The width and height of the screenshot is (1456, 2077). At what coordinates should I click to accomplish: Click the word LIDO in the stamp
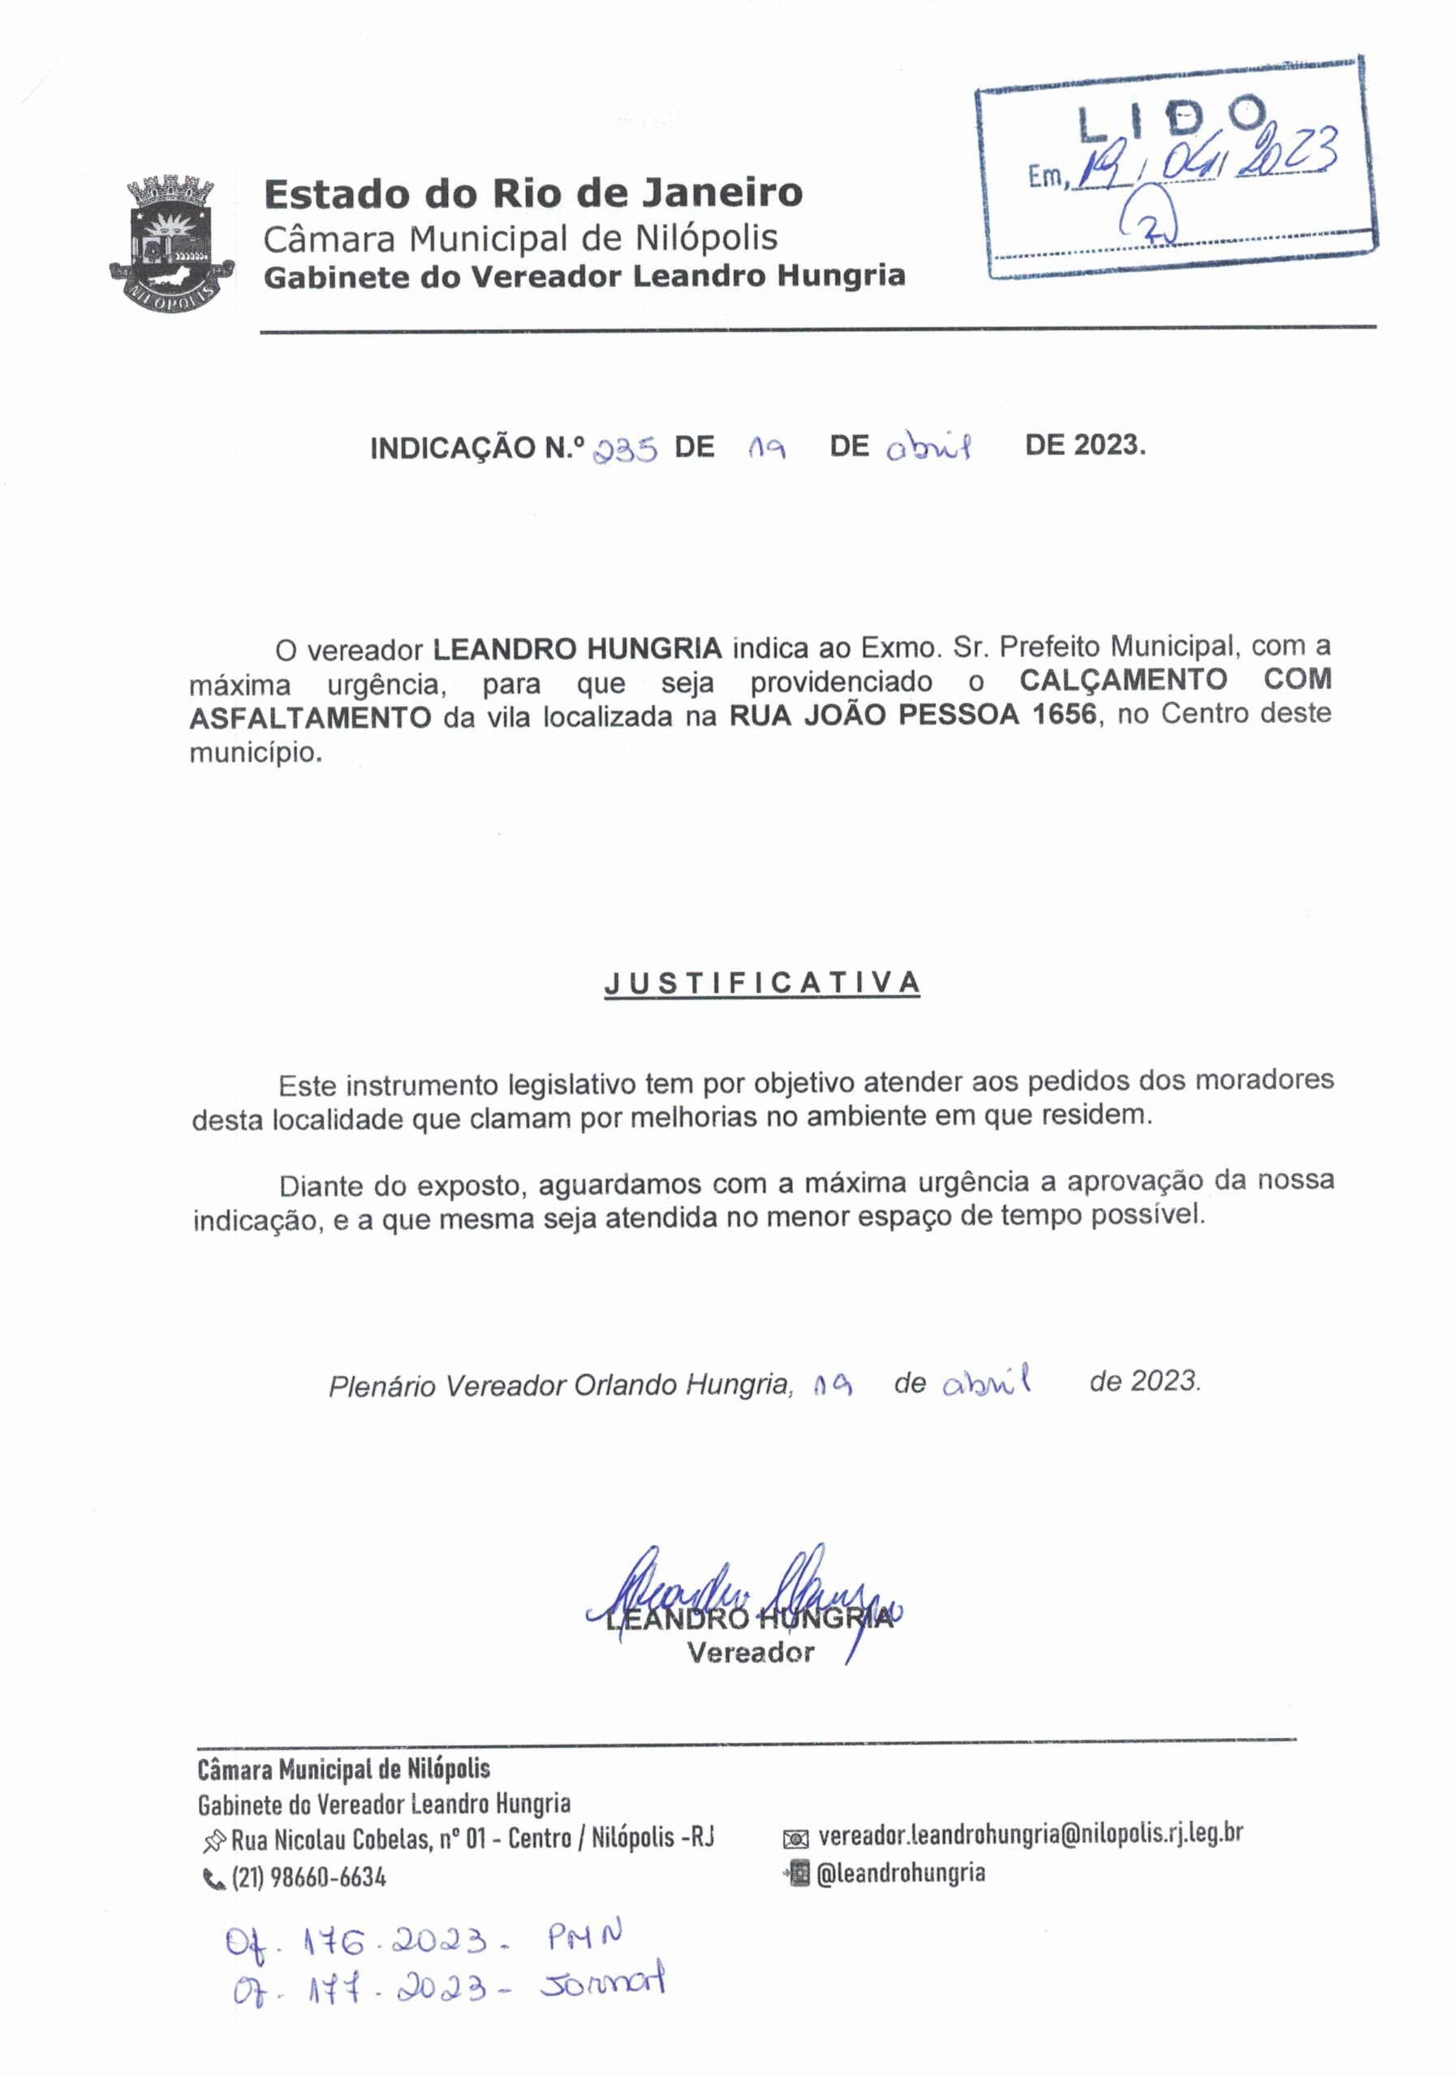pos(1172,118)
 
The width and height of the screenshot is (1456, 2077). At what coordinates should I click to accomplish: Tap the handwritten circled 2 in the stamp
pos(1148,222)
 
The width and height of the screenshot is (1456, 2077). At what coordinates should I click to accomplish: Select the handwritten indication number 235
pos(623,449)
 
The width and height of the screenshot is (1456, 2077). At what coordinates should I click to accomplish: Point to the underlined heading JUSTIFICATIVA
pos(762,983)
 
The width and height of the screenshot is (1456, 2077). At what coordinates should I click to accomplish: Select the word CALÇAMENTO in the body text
pos(1123,678)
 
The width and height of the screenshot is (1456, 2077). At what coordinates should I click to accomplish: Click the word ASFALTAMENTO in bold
pos(310,717)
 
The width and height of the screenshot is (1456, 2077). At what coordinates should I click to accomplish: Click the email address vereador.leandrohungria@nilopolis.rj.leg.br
pos(1030,1834)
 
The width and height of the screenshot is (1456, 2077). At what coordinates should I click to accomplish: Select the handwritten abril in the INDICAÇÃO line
pos(928,448)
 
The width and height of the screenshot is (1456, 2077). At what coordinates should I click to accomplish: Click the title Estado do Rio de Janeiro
pos(533,192)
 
